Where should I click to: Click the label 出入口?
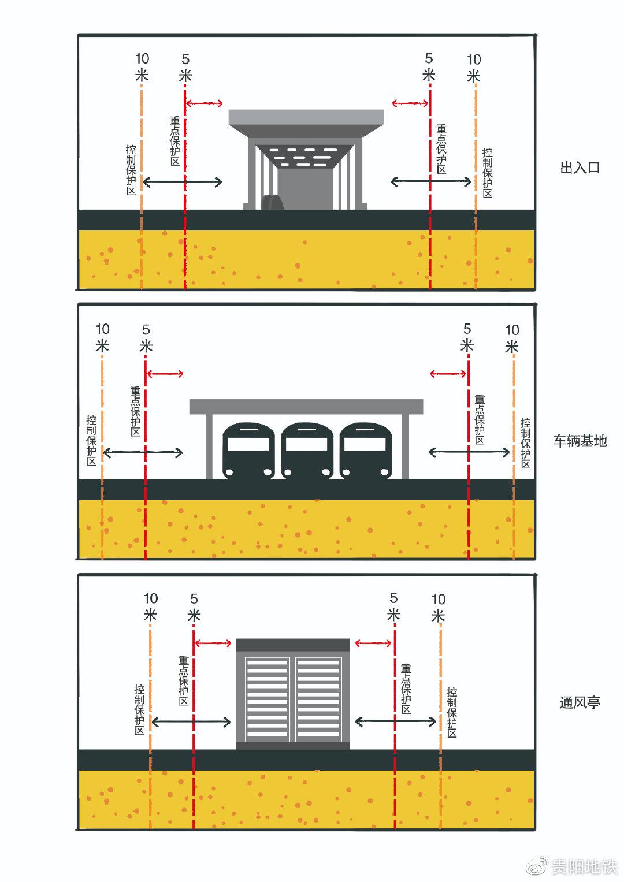click(580, 168)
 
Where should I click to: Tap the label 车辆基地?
click(580, 441)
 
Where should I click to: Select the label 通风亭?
click(580, 703)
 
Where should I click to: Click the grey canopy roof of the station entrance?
click(306, 118)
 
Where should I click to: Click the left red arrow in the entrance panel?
click(204, 103)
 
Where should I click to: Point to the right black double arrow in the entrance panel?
click(431, 182)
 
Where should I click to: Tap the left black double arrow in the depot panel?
click(142, 452)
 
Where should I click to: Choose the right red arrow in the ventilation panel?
click(373, 643)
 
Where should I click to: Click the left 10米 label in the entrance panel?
click(142, 67)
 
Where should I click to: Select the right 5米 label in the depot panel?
click(467, 337)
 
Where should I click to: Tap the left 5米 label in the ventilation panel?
click(194, 607)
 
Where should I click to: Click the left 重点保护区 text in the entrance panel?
click(175, 142)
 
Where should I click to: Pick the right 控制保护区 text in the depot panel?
click(525, 443)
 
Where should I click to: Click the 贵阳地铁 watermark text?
click(584, 867)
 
